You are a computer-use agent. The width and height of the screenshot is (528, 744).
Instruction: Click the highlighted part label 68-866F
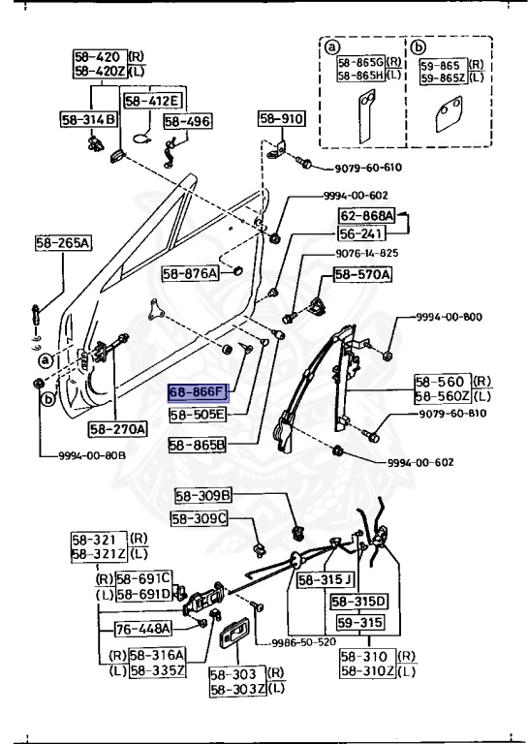[198, 392]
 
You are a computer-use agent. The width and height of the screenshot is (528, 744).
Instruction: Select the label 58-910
[281, 119]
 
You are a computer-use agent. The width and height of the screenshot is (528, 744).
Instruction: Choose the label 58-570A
[363, 275]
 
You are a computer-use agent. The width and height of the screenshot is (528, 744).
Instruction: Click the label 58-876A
[191, 274]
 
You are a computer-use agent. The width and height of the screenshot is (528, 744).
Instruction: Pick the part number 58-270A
[117, 428]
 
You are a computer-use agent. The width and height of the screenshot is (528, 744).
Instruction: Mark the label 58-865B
[198, 446]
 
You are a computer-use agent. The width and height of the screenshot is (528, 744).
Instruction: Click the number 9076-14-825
[367, 253]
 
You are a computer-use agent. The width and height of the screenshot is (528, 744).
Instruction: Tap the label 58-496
[187, 121]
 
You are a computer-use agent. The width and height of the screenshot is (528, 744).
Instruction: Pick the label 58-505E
[198, 415]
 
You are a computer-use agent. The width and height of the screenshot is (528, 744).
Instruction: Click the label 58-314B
[88, 119]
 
